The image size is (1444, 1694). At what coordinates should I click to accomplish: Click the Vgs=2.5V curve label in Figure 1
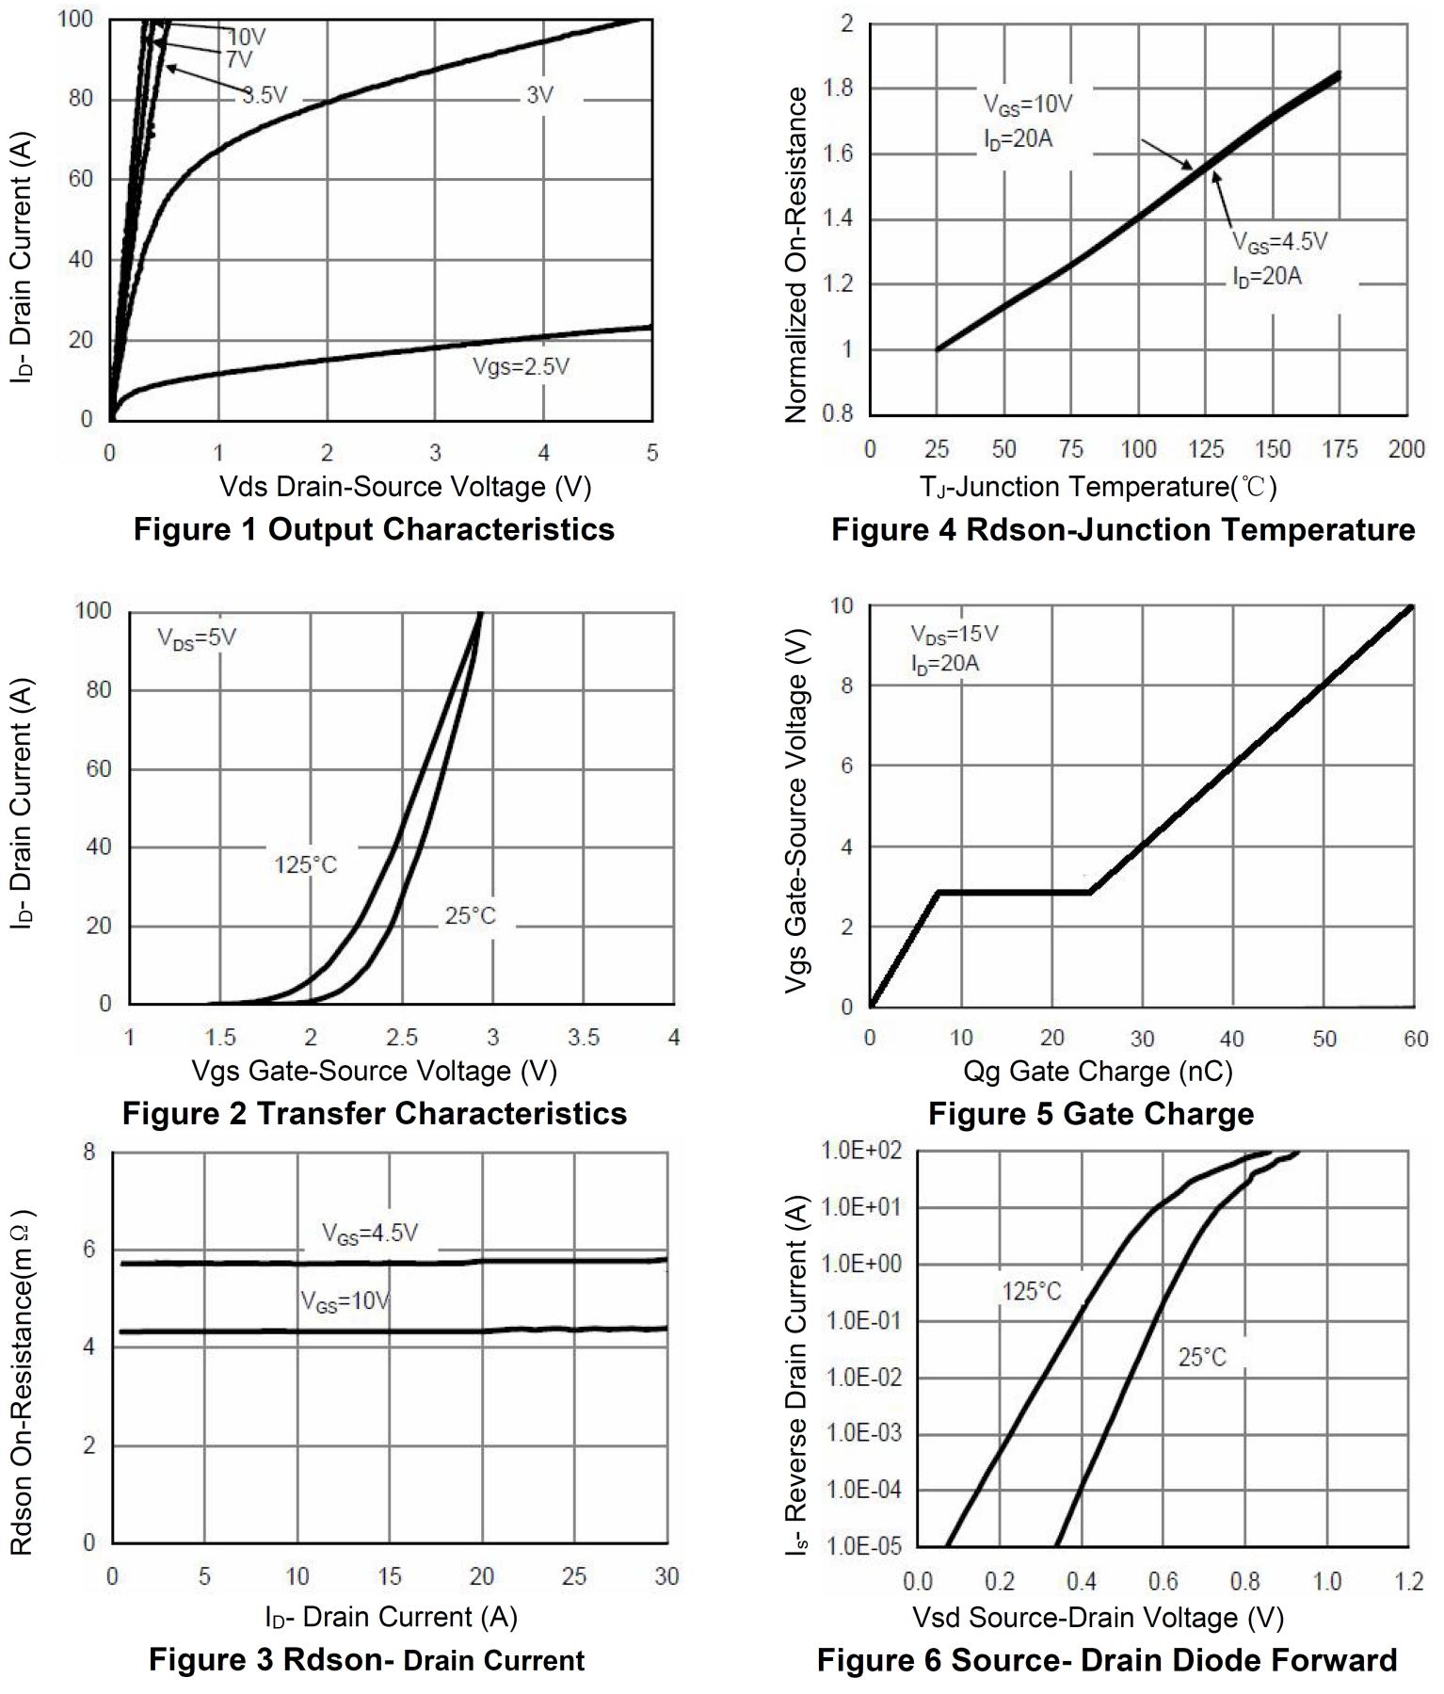[x=521, y=366]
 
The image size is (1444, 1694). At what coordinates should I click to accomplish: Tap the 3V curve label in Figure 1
[x=539, y=95]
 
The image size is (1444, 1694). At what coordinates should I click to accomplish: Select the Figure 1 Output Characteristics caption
[x=374, y=529]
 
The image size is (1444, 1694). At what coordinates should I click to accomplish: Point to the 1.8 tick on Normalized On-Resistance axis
[x=837, y=89]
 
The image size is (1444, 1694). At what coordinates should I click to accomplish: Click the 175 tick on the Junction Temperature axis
[x=1340, y=449]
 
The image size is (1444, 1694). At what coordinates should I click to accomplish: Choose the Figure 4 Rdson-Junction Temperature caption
[x=1122, y=530]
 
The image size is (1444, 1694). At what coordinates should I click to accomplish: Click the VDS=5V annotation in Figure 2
[x=196, y=638]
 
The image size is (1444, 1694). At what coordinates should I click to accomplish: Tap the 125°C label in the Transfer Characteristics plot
[x=305, y=864]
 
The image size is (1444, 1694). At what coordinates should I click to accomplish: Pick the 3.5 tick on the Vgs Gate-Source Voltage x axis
[x=584, y=1038]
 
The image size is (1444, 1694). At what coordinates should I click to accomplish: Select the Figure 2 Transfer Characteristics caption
[x=374, y=1113]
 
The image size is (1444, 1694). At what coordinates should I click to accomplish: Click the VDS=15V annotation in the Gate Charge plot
[x=954, y=634]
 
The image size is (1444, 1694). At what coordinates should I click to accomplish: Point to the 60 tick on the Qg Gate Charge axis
[x=1415, y=1040]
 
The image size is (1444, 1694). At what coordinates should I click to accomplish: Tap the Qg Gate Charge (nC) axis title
[x=1098, y=1071]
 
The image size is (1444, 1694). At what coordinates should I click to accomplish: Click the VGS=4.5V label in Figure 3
[x=369, y=1234]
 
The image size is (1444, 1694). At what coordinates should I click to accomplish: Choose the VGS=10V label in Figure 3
[x=345, y=1302]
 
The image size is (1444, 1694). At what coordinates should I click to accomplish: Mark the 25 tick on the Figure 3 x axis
[x=574, y=1576]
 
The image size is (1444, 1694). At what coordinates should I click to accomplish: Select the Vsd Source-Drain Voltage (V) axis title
[x=1098, y=1617]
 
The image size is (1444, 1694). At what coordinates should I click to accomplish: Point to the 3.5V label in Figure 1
[x=265, y=94]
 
